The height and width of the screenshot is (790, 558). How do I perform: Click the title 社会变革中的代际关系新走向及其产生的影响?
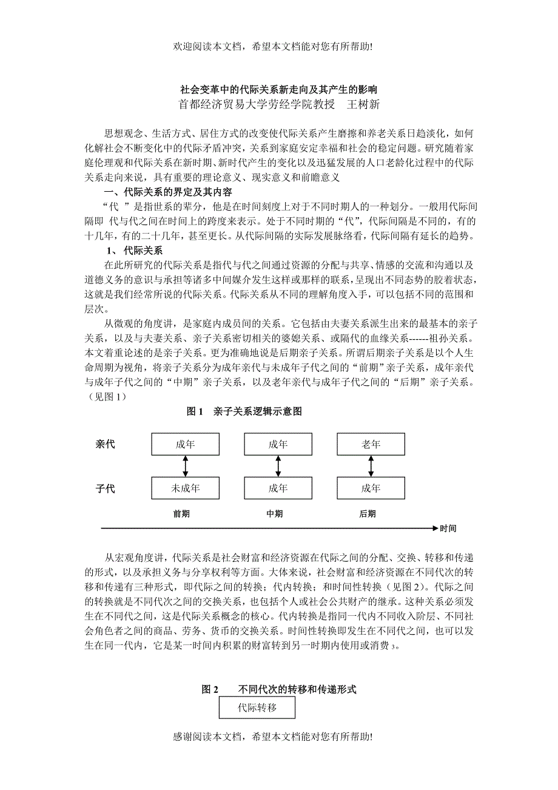click(x=279, y=89)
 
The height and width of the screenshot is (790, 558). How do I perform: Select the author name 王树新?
click(x=363, y=104)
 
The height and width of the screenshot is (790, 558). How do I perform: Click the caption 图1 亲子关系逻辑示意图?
click(x=244, y=411)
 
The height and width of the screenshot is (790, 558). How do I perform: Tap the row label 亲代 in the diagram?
click(x=105, y=444)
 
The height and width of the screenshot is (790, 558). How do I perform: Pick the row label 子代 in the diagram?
click(x=105, y=488)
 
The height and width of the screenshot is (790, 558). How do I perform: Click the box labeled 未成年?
click(x=185, y=488)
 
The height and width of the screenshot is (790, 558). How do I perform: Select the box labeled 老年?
click(x=371, y=444)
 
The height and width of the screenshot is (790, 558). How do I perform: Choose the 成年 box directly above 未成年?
click(x=185, y=444)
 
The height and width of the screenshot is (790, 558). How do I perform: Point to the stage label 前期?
click(x=181, y=514)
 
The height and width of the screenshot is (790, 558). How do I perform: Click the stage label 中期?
click(x=275, y=514)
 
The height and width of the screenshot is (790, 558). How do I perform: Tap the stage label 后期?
click(x=368, y=514)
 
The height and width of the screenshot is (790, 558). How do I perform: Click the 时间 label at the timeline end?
click(x=448, y=528)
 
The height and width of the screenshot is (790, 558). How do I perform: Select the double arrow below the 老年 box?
click(x=371, y=466)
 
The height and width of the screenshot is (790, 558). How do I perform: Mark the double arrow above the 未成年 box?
click(x=185, y=466)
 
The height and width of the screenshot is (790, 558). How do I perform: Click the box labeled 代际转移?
click(x=257, y=707)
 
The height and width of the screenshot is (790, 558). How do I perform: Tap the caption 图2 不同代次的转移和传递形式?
click(x=279, y=689)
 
